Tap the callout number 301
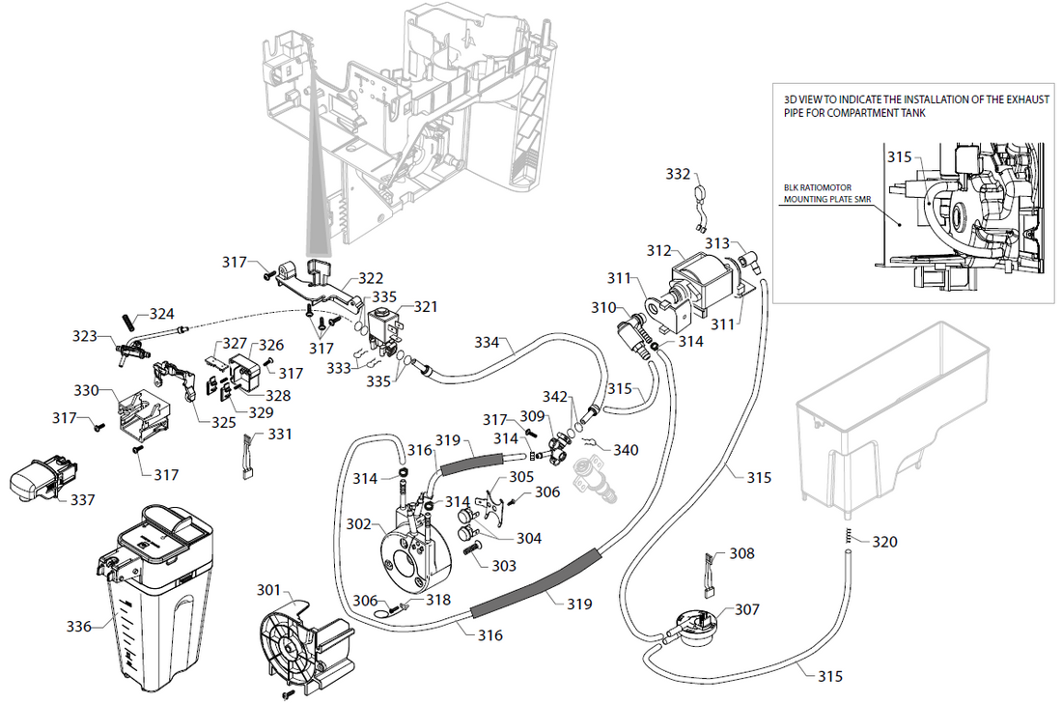[x=269, y=589]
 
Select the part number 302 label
[x=358, y=524]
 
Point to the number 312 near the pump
[x=658, y=250]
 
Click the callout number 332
[x=679, y=174]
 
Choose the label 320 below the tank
[x=884, y=542]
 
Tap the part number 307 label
[x=746, y=609]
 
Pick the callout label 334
[x=487, y=342]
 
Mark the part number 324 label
[x=162, y=313]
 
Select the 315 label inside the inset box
[x=899, y=156]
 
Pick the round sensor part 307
[x=687, y=619]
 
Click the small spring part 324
[x=127, y=319]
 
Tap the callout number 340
[x=627, y=449]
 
